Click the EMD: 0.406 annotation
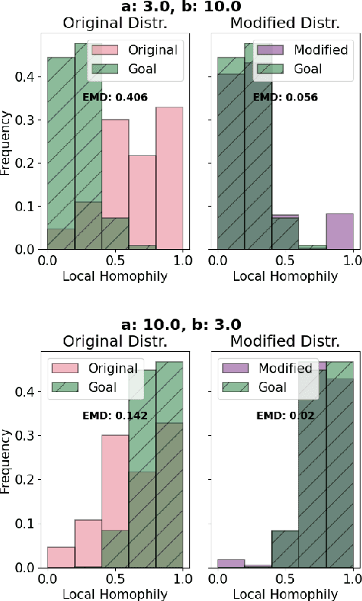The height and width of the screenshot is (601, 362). coord(115,97)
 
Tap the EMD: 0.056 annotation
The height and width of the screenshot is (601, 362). coord(286,97)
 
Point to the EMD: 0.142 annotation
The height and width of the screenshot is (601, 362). coord(115,415)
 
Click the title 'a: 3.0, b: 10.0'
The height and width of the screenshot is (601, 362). coord(181,7)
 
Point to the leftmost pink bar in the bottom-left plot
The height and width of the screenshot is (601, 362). coord(61,557)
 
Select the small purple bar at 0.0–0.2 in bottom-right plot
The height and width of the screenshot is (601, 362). coord(230,563)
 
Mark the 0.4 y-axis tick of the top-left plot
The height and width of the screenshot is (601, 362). coord(27,76)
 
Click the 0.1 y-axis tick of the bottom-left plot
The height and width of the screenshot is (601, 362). coord(27,524)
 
